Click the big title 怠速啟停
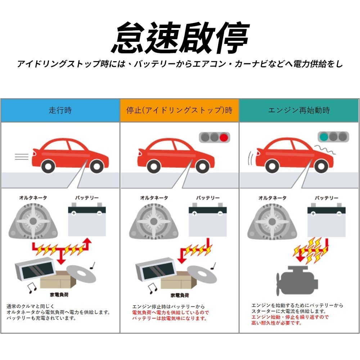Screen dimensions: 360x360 (x=180, y=38)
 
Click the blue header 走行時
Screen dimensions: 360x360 (x=60, y=110)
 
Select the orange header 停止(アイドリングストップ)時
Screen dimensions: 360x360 (x=179, y=110)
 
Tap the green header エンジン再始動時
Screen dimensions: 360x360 (x=299, y=110)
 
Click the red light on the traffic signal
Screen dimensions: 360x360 (x=224, y=137)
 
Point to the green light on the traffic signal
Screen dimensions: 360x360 (x=324, y=137)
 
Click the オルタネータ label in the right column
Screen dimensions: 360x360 (x=272, y=198)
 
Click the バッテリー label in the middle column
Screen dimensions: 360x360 (x=208, y=198)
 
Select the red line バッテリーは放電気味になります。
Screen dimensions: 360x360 (x=169, y=319)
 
